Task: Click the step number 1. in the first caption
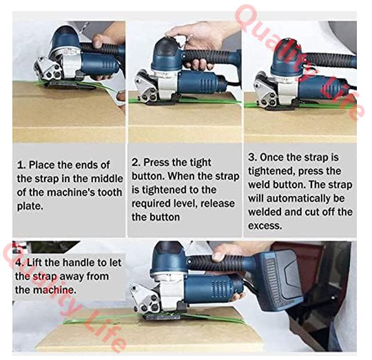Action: click(21, 165)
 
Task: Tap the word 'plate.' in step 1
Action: click(30, 206)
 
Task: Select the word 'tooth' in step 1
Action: click(110, 192)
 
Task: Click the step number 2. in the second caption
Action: click(136, 163)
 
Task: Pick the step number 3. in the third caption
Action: click(253, 157)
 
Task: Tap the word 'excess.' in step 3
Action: click(265, 226)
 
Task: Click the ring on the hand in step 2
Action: click(192, 36)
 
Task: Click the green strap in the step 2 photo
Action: click(185, 101)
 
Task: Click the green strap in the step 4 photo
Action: click(154, 319)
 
